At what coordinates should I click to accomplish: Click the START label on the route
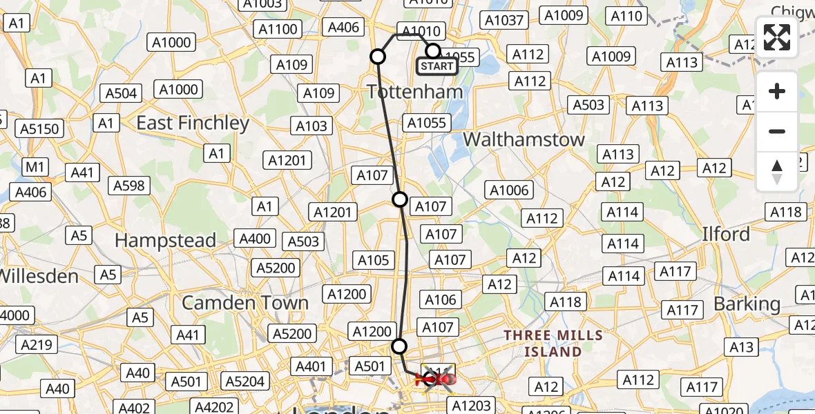437,67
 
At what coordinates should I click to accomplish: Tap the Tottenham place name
415,91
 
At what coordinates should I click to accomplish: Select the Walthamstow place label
524,139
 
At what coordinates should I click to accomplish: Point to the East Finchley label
193,124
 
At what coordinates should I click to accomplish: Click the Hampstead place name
165,241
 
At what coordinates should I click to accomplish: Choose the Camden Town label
245,303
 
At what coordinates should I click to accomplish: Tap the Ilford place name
725,235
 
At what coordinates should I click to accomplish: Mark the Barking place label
747,304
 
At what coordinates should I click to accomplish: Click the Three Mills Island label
553,344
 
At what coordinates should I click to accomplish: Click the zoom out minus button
777,131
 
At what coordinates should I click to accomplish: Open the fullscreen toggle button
777,37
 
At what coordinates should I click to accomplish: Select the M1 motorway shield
35,166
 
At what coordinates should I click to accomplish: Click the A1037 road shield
504,20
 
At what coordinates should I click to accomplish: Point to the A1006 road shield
508,190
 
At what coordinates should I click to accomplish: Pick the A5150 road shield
39,129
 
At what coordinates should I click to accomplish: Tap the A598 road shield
129,185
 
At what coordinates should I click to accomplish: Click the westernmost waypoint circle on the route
378,57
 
